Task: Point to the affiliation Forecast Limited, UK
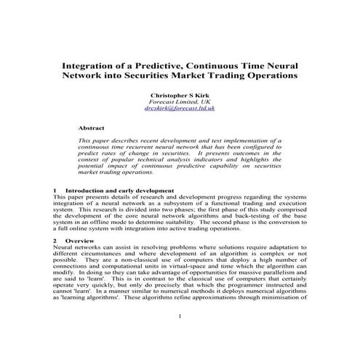[179, 102]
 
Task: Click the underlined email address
[179, 108]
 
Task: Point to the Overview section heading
[79, 240]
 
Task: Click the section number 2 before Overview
[56, 240]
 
